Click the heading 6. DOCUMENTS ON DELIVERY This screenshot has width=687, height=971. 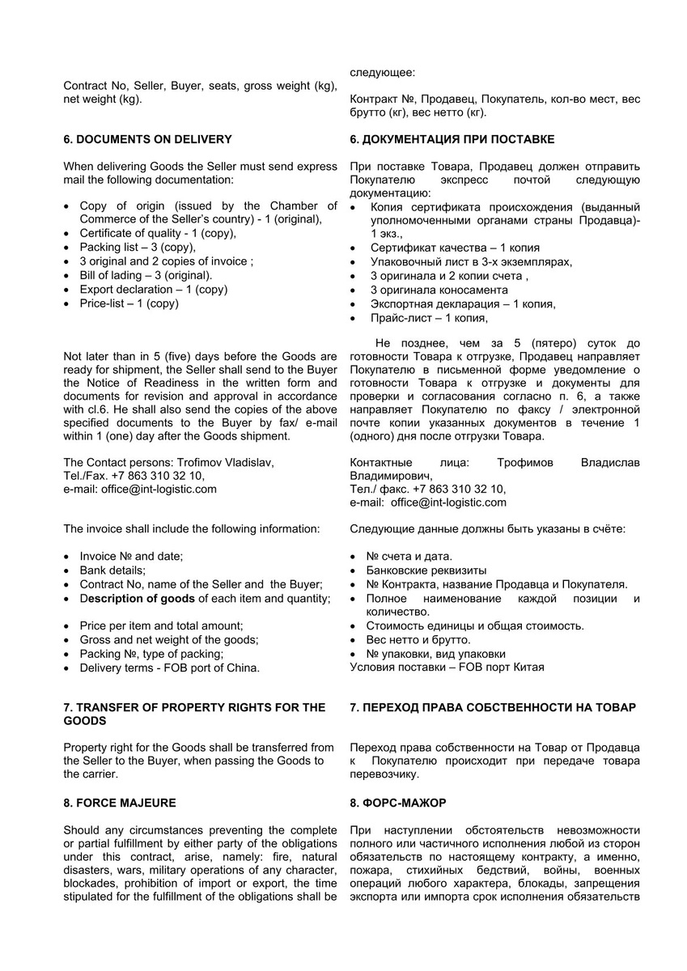[x=147, y=139]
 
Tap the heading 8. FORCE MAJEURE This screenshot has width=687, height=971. [x=120, y=803]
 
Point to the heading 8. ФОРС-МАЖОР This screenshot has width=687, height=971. [x=398, y=803]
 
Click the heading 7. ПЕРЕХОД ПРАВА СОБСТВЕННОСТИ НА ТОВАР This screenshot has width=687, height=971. [x=493, y=707]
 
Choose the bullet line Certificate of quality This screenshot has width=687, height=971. [x=158, y=233]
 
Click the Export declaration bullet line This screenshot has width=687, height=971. [x=153, y=289]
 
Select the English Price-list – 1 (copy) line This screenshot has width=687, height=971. [x=129, y=303]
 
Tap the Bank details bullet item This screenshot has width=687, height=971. [x=112, y=570]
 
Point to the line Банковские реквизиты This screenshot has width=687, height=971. [x=426, y=570]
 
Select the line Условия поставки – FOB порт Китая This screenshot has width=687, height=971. [x=447, y=667]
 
